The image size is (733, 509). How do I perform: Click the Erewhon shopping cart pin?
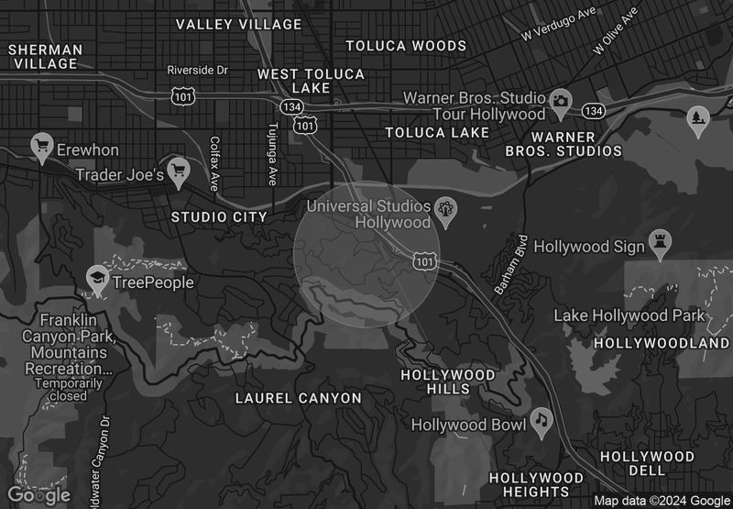(41, 145)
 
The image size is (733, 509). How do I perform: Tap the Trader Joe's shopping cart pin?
(178, 169)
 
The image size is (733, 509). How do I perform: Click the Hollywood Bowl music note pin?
(542, 420)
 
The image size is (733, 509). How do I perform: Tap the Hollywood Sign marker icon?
(660, 242)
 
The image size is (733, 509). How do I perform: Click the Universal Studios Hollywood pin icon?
(446, 209)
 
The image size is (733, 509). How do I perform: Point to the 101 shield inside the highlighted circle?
(424, 261)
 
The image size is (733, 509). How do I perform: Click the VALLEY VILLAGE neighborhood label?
(238, 24)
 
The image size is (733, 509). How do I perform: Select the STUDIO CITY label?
(219, 217)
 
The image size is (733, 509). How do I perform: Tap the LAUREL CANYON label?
(299, 398)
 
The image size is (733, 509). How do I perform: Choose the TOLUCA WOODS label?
(406, 45)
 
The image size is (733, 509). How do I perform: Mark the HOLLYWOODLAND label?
(662, 343)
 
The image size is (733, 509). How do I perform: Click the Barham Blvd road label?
(511, 267)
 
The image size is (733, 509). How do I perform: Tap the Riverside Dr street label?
(196, 70)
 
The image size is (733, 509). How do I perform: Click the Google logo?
(39, 495)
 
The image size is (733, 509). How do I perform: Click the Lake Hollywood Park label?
(629, 315)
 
